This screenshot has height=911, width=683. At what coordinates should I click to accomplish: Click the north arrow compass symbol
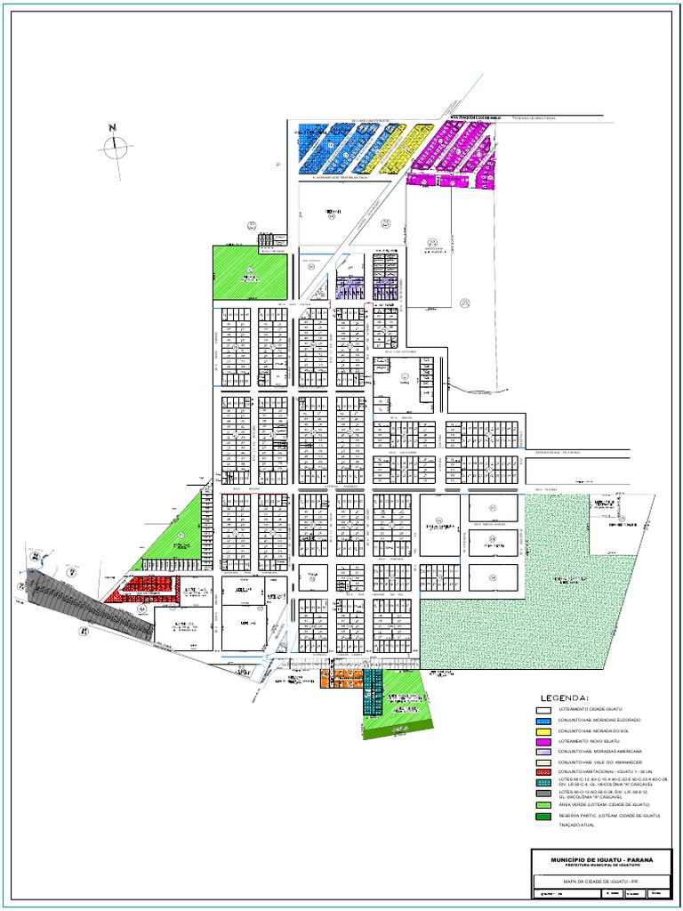pos(115,147)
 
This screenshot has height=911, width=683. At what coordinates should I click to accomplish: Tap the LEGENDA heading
pos(566,697)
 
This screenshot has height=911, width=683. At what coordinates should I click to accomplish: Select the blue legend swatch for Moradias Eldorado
pos(542,719)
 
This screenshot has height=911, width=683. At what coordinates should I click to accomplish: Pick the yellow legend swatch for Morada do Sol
pos(542,730)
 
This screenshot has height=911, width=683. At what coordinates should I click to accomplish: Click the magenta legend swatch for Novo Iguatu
pos(542,741)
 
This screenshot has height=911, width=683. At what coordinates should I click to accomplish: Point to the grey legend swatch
pos(542,792)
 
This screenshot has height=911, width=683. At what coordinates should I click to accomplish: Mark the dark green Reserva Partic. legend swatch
pos(542,815)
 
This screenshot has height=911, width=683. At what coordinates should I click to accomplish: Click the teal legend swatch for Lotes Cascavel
pos(542,781)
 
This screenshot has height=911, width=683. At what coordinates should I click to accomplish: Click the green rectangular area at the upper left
pos(250,271)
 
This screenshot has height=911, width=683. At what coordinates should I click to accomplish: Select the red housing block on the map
pos(142,588)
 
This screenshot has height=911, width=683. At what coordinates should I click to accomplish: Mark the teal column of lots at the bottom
pos(371,693)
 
